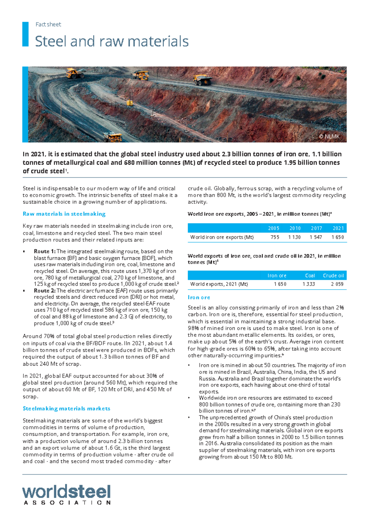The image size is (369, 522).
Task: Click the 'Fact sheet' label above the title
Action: click(x=48, y=24)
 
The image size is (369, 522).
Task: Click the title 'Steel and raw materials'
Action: click(x=112, y=41)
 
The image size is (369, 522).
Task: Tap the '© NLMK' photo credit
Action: click(x=329, y=136)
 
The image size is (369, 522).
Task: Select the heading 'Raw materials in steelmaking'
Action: click(x=64, y=214)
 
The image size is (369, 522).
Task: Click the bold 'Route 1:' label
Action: click(x=45, y=251)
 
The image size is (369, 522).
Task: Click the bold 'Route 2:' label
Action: click(x=45, y=291)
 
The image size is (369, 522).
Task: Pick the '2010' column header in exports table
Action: click(x=295, y=228)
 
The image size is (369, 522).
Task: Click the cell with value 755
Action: click(x=275, y=237)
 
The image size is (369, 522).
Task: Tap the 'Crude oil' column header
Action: click(x=333, y=275)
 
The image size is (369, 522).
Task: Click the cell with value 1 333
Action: click(x=308, y=284)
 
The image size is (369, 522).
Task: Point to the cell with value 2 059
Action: click(x=337, y=284)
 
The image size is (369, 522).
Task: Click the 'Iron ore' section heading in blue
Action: click(x=199, y=297)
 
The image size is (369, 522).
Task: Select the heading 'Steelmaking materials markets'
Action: click(x=66, y=408)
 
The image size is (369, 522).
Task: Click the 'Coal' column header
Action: click(x=310, y=275)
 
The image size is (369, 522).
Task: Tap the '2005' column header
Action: click(x=273, y=228)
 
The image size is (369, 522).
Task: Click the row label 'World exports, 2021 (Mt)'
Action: click(x=219, y=284)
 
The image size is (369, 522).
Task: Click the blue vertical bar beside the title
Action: click(x=25, y=34)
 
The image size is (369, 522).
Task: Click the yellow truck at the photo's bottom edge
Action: click(x=113, y=137)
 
